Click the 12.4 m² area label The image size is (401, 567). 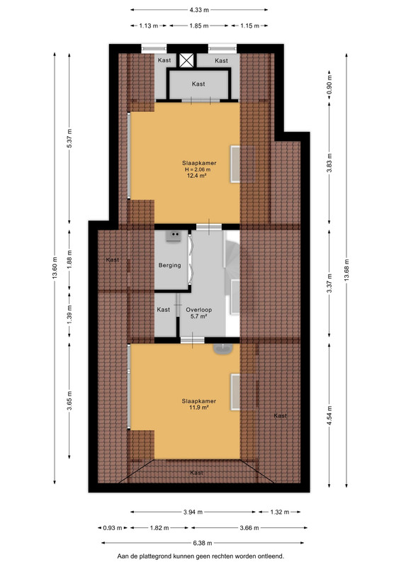tap(197, 176)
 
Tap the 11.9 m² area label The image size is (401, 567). tap(199, 408)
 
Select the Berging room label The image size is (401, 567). tap(169, 265)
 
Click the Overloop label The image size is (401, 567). tap(199, 310)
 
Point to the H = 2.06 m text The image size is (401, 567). tap(198, 169)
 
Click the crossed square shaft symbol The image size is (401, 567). tap(186, 60)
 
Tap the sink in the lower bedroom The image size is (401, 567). tap(223, 349)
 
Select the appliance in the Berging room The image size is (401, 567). tap(174, 237)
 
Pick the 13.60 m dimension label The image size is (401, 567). tap(55, 268)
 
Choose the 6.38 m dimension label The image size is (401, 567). tap(203, 543)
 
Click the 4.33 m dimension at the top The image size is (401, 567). tap(199, 10)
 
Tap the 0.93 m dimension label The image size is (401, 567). tap(113, 528)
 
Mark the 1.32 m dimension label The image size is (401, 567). tap(280, 512)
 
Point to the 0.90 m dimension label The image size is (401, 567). tap(329, 84)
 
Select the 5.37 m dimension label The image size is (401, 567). tap(69, 138)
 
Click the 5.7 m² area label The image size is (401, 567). tap(198, 316)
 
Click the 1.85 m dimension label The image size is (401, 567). tap(199, 26)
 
